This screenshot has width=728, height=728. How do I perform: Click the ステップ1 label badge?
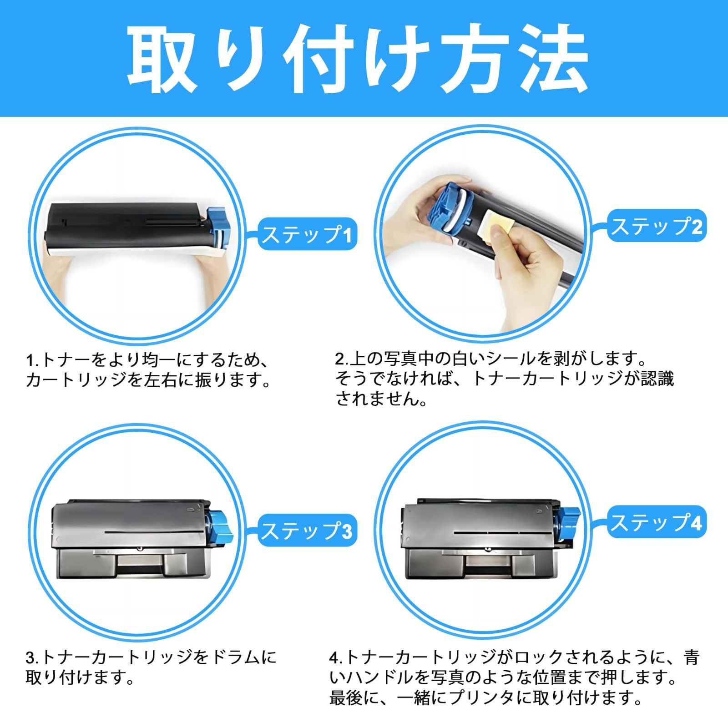coord(308,235)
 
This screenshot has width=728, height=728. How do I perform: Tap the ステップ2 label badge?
coord(657,226)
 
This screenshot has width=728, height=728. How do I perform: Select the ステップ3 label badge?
coord(308,531)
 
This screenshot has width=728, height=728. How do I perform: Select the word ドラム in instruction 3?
coord(237,657)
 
